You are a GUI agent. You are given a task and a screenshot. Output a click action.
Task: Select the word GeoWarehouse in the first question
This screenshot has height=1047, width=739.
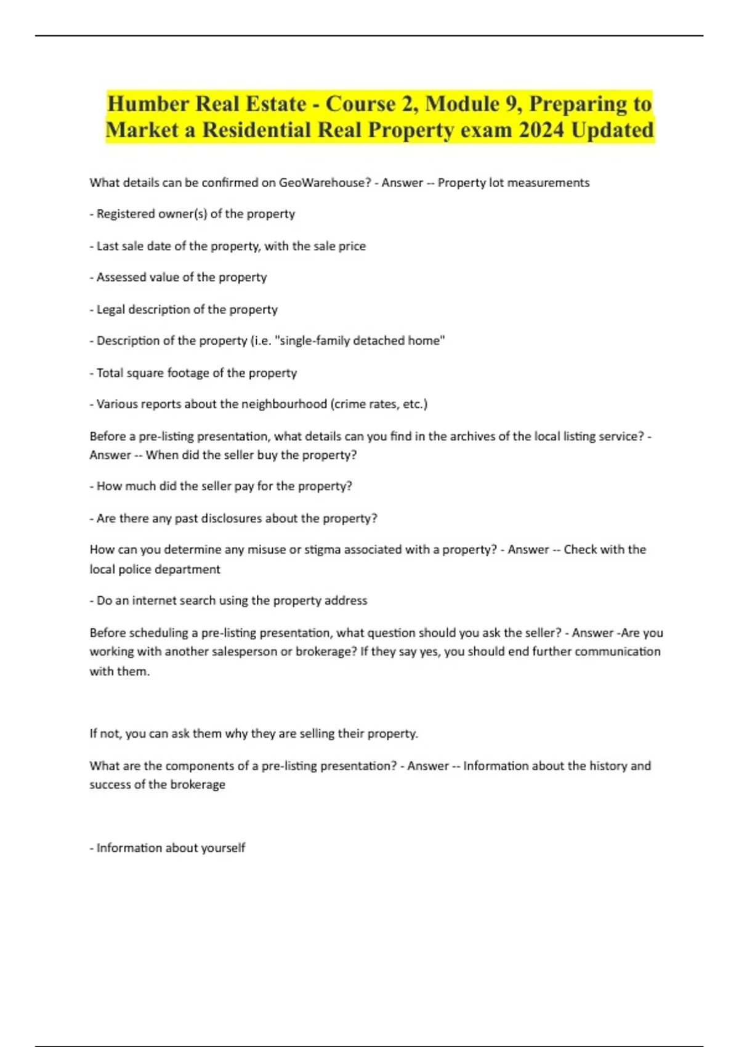323,183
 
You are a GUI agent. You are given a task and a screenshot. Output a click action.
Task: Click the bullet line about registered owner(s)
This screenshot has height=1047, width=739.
192,214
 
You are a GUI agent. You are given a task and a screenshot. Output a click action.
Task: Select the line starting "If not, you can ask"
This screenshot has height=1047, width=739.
254,734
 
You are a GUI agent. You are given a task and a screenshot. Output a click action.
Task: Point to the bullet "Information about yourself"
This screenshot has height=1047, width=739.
168,848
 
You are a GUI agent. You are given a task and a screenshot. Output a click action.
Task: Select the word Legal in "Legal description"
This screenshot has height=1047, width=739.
111,310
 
